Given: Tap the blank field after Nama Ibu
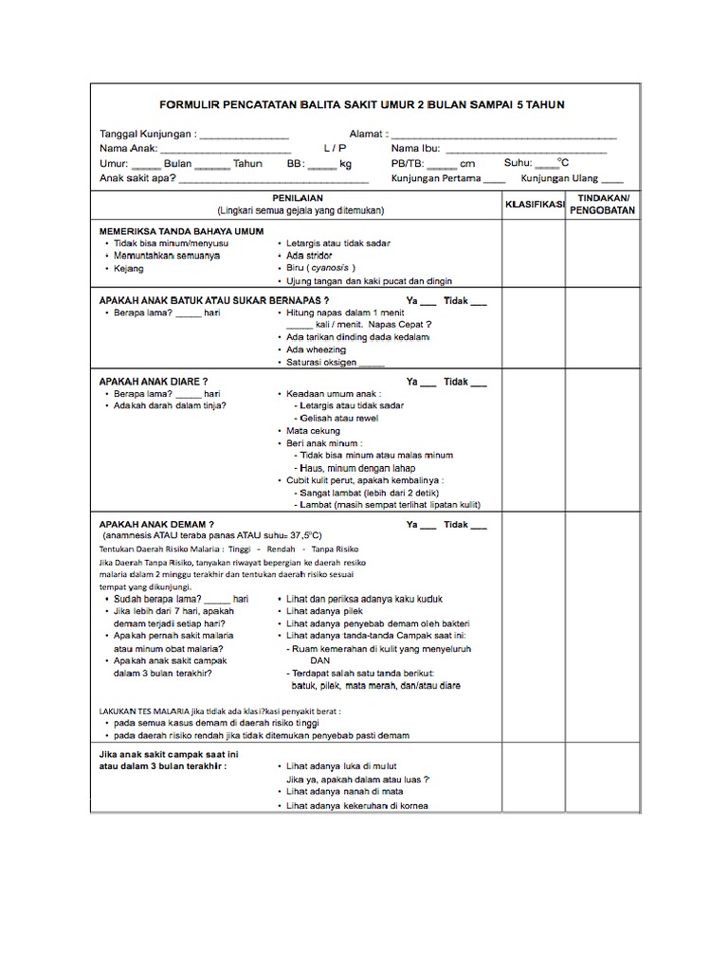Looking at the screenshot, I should pos(526,152).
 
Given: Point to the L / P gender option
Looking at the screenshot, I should pos(335,150).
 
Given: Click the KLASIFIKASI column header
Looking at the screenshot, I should pos(535,204).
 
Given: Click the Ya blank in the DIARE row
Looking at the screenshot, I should pos(428,383).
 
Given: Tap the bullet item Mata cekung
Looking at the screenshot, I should pos(313,431).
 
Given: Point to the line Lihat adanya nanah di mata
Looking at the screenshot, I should pos(345,790).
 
